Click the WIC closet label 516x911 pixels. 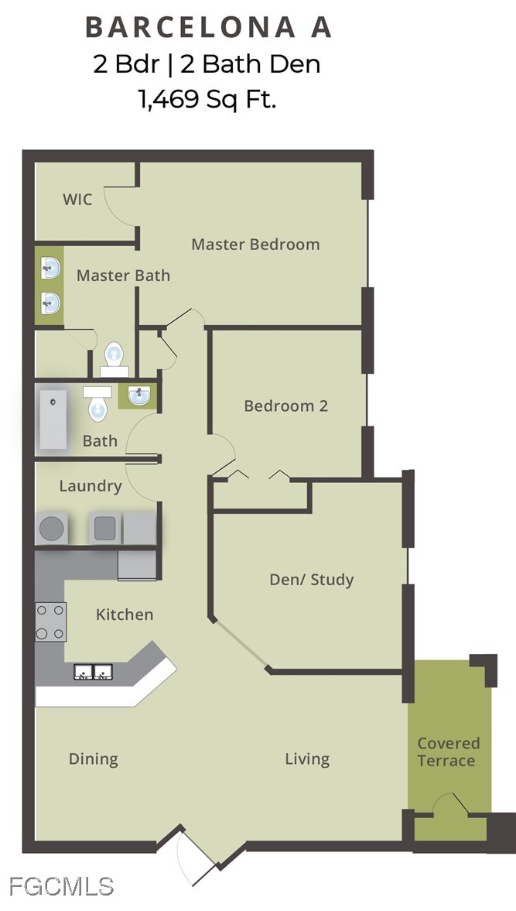point(77,199)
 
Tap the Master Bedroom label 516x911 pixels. point(255,244)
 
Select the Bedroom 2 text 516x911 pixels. point(285,406)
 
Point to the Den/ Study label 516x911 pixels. point(312,580)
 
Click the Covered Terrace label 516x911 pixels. point(448,752)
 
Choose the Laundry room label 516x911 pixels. point(91,486)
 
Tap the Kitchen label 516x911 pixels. point(125,615)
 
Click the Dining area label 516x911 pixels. point(94,759)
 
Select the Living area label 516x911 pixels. point(307,759)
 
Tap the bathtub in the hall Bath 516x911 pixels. point(53,419)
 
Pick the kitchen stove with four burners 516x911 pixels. point(50,622)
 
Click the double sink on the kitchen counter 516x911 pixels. point(93,672)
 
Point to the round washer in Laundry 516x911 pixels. point(51,528)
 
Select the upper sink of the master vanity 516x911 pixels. point(50,269)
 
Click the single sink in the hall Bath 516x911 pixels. point(138,396)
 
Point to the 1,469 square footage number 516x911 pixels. point(169,100)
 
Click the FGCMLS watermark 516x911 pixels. point(61,886)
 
